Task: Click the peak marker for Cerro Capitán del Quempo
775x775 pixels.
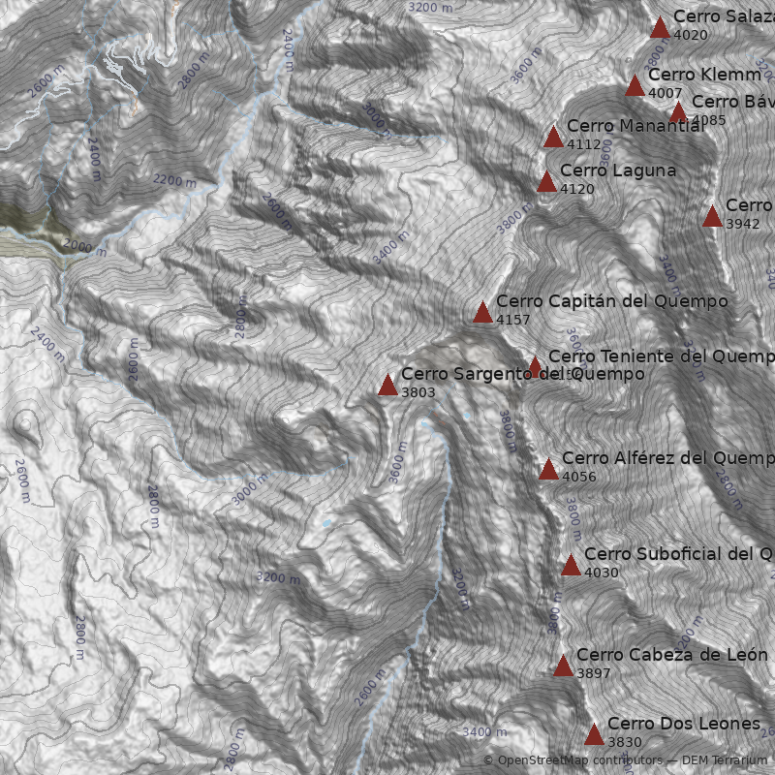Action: pyautogui.click(x=482, y=312)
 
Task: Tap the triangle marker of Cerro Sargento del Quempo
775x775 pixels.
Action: pyautogui.click(x=387, y=386)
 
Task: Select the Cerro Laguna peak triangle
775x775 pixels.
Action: pyautogui.click(x=546, y=181)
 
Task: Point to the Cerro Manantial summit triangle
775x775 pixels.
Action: pyautogui.click(x=553, y=137)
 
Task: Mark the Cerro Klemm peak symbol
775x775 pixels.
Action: pyautogui.click(x=635, y=85)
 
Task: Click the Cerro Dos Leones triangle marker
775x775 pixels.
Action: pyautogui.click(x=594, y=734)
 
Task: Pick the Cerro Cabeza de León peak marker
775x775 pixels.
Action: pyautogui.click(x=563, y=666)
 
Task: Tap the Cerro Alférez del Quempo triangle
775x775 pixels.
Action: pyautogui.click(x=548, y=470)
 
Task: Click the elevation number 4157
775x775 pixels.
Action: pyautogui.click(x=512, y=320)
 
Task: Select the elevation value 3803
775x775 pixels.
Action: pyautogui.click(x=418, y=392)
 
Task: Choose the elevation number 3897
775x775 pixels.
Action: pyautogui.click(x=593, y=673)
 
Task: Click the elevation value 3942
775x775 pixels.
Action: pyautogui.click(x=742, y=224)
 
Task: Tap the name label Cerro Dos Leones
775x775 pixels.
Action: pyautogui.click(x=684, y=724)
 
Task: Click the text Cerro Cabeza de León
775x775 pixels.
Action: pyautogui.click(x=671, y=655)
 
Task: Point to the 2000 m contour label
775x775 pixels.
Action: pyautogui.click(x=86, y=249)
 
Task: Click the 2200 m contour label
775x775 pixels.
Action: pyautogui.click(x=174, y=180)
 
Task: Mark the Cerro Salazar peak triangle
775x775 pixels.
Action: pyautogui.click(x=660, y=27)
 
